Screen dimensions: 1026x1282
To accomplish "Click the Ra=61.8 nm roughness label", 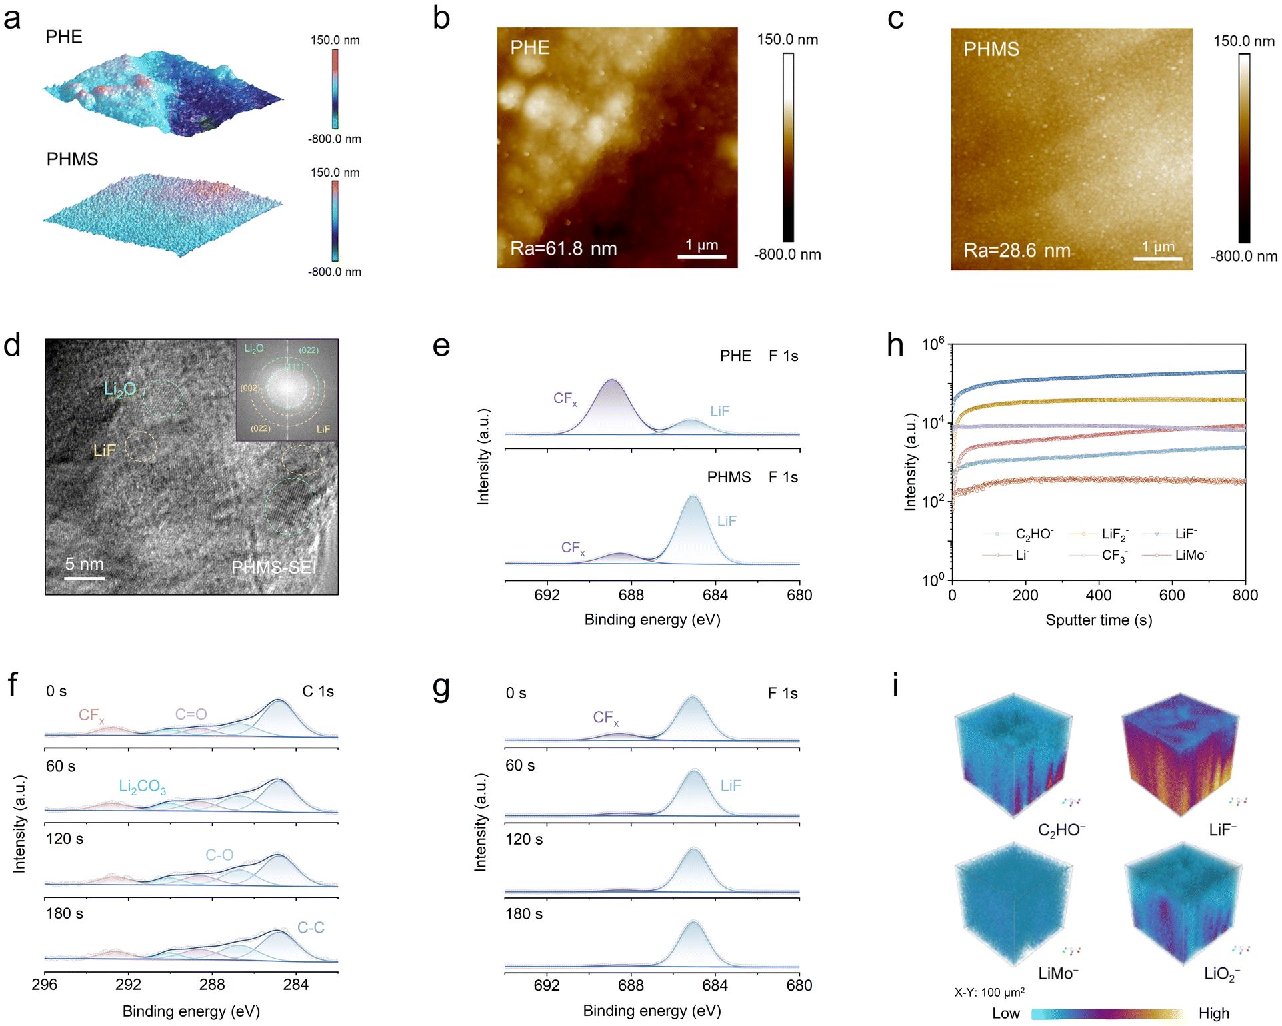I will point(563,249).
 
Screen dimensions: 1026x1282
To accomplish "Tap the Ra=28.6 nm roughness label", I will point(1017,251).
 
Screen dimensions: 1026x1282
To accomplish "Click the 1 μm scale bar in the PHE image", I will point(701,255).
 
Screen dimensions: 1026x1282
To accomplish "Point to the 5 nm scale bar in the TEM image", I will point(84,578).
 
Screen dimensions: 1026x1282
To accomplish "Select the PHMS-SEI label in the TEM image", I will point(274,568).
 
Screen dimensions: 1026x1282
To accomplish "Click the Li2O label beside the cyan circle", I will point(120,389).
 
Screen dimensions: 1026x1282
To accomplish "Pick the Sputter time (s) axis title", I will point(1098,620).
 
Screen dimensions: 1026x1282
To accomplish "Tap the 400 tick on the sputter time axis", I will point(1099,595).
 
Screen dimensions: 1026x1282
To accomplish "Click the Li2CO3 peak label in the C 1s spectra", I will point(142,787).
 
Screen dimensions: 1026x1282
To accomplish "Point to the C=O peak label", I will point(191,714).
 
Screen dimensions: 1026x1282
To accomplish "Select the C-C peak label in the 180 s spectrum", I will point(311,927).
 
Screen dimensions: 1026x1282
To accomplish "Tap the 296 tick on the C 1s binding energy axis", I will point(45,985).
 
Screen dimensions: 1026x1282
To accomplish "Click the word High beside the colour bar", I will point(1213,1013).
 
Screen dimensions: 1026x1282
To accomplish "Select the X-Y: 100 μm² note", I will point(989,993).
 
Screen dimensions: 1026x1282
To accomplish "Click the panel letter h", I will point(895,346).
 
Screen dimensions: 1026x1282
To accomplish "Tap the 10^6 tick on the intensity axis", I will point(933,345).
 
